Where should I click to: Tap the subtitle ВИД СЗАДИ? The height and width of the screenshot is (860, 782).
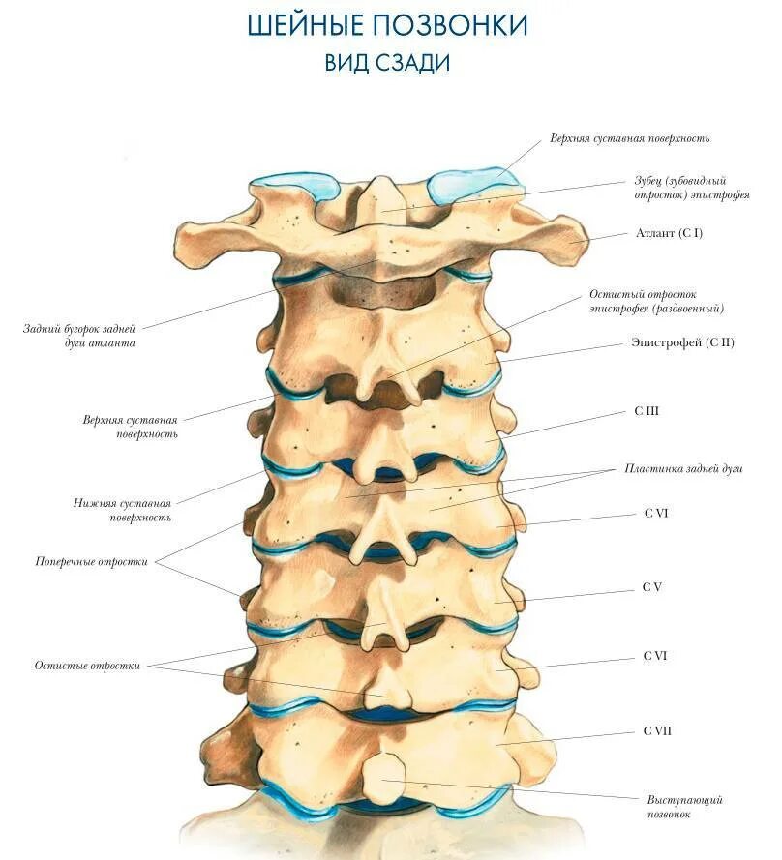coord(387,63)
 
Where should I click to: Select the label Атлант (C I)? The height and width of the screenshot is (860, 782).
coord(669,233)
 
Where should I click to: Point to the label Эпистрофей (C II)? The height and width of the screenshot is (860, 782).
coord(682,342)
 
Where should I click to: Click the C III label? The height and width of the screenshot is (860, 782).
coord(647,411)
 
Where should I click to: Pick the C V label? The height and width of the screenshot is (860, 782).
coord(651,587)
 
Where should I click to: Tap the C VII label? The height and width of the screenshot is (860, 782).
coord(657,730)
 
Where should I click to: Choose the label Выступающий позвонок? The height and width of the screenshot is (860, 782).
coord(684,807)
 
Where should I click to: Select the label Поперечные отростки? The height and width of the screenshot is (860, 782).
coord(92,561)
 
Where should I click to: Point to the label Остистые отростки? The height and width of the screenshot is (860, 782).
coord(87,666)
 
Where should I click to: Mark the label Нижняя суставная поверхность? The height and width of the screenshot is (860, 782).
coord(123,510)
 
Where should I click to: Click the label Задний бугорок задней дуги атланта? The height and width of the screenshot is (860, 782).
coord(80,336)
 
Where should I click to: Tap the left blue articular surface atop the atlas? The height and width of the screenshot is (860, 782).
coord(293,186)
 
